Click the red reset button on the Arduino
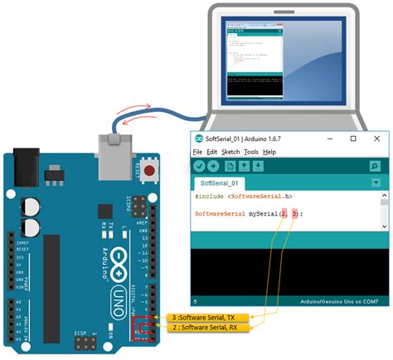[150, 173]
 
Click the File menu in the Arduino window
[197, 153]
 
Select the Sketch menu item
[230, 153]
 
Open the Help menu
[269, 153]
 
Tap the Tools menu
[251, 153]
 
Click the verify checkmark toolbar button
[199, 167]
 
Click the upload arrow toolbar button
[213, 167]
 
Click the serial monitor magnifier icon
[375, 167]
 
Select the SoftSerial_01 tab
[219, 182]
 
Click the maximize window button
[353, 139]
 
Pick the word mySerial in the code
[264, 213]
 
